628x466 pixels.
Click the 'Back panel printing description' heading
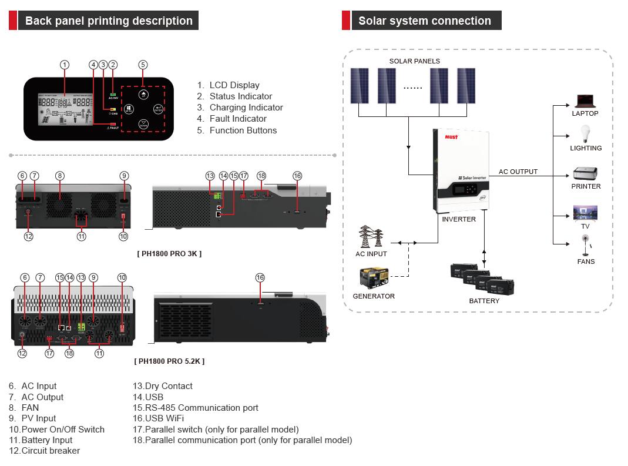pyautogui.click(x=109, y=21)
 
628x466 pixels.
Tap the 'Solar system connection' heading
pyautogui.click(x=424, y=21)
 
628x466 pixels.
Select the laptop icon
pyautogui.click(x=585, y=100)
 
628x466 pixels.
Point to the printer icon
pyautogui.click(x=585, y=174)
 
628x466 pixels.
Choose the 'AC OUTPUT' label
pyautogui.click(x=518, y=172)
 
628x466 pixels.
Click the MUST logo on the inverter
pyautogui.click(x=451, y=136)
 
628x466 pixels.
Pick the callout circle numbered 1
pyautogui.click(x=65, y=65)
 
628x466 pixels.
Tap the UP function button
pyautogui.click(x=143, y=94)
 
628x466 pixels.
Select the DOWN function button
pyautogui.click(x=143, y=125)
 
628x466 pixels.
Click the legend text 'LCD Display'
pyautogui.click(x=234, y=85)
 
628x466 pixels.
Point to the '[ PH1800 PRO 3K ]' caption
pyautogui.click(x=169, y=253)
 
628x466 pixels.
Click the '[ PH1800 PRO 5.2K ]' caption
pyautogui.click(x=169, y=361)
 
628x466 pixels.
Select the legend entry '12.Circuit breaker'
pyautogui.click(x=44, y=451)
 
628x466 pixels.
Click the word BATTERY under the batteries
pyautogui.click(x=484, y=301)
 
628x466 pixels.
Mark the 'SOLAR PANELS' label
pyautogui.click(x=414, y=61)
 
